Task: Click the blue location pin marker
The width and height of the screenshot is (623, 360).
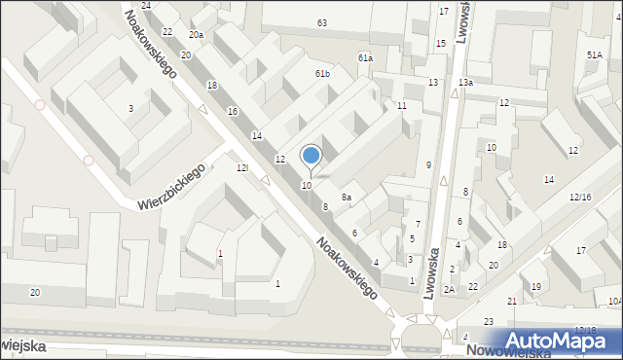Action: pyautogui.click(x=311, y=156)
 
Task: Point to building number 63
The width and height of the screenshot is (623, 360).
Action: pyautogui.click(x=322, y=22)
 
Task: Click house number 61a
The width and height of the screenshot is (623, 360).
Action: pyautogui.click(x=365, y=58)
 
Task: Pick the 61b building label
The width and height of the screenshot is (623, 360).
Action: pyautogui.click(x=322, y=74)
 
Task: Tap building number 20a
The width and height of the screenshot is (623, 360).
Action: pyautogui.click(x=197, y=35)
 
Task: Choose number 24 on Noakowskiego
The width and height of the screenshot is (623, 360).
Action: pyautogui.click(x=146, y=6)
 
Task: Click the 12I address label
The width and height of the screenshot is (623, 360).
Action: pyautogui.click(x=242, y=168)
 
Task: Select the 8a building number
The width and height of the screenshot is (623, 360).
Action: pyautogui.click(x=346, y=198)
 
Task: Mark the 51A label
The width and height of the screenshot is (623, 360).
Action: pyautogui.click(x=594, y=55)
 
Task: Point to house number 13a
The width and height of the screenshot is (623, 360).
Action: pyautogui.click(x=466, y=83)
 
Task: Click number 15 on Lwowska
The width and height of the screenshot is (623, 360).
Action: pyautogui.click(x=441, y=44)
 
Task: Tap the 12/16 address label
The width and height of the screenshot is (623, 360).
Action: pyautogui.click(x=580, y=198)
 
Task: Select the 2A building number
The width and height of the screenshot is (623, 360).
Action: pyautogui.click(x=449, y=289)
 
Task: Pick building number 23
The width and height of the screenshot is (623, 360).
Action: pyautogui.click(x=488, y=322)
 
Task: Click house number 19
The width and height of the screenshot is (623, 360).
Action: pyautogui.click(x=536, y=286)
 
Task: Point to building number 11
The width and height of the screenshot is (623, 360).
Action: pyautogui.click(x=401, y=105)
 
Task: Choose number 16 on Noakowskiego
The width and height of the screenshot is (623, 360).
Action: pyautogui.click(x=233, y=112)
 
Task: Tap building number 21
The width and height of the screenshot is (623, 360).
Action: pyautogui.click(x=512, y=302)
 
